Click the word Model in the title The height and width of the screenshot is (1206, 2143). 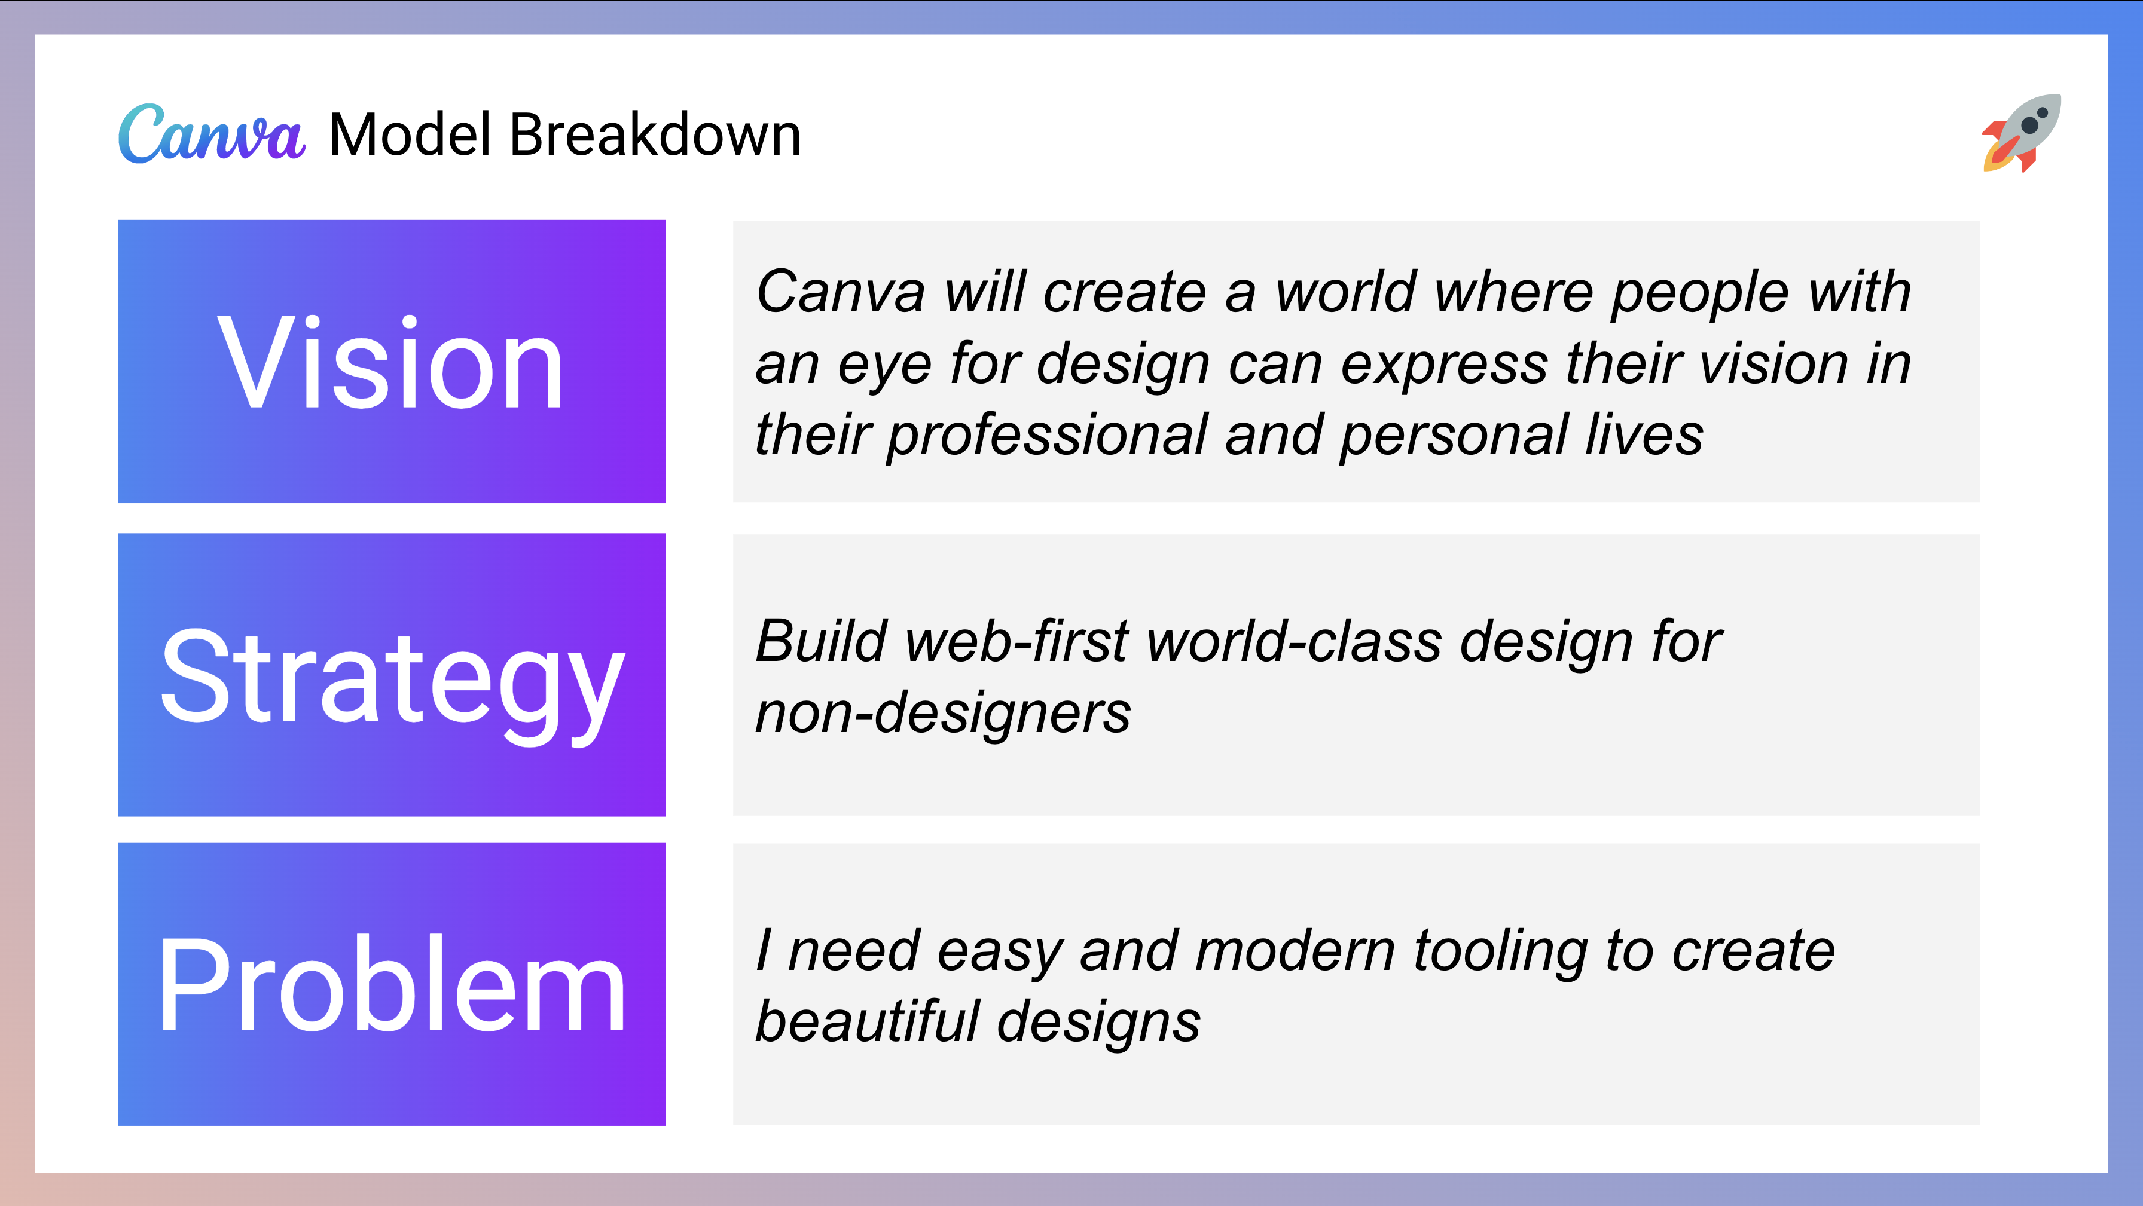click(410, 134)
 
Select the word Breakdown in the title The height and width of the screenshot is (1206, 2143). click(655, 134)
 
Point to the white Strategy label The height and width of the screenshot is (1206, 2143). click(391, 678)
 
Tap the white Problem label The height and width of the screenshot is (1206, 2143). click(391, 985)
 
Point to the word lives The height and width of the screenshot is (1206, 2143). click(1643, 435)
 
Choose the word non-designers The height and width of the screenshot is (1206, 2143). click(942, 714)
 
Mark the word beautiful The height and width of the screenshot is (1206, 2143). click(866, 1021)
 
